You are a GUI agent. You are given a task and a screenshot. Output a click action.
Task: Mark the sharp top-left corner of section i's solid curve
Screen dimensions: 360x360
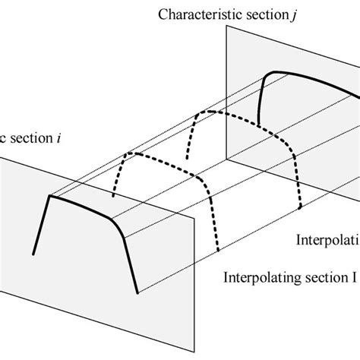[x=50, y=197]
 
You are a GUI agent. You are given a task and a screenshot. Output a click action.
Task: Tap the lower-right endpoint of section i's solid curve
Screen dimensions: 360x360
[x=137, y=292]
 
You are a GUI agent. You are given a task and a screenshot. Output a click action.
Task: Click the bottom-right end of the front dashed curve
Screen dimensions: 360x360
[x=219, y=251]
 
